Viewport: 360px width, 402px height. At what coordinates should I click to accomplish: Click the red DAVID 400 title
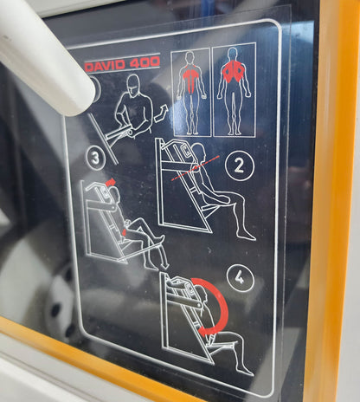point(123,63)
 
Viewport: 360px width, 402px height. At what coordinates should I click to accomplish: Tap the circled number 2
point(240,165)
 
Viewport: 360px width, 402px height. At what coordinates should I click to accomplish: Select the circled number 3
point(95,159)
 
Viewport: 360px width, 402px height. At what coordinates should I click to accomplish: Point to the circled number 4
point(240,278)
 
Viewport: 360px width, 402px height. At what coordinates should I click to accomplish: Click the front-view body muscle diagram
point(190,92)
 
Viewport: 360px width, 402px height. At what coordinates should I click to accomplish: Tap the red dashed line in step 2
point(196,168)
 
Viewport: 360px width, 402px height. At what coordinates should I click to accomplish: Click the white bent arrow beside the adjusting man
point(161,113)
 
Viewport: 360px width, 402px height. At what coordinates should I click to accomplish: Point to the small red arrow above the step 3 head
point(111,182)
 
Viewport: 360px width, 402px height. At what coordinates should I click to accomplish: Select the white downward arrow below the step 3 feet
point(164,257)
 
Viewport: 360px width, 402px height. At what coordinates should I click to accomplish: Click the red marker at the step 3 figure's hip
point(125,231)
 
